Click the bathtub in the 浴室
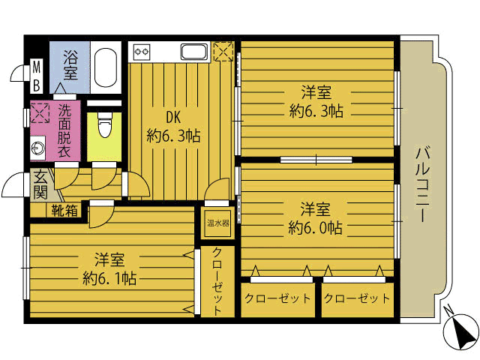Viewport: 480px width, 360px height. tap(106, 67)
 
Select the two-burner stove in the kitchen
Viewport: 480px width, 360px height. tap(142, 52)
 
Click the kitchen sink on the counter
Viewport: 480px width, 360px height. tap(194, 52)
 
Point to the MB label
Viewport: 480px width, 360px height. tap(37, 76)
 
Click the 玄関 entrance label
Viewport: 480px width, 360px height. tap(40, 184)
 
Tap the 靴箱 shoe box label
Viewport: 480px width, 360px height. tap(64, 211)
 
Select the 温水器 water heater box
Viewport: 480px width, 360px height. tap(218, 223)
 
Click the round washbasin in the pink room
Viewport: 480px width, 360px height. tap(38, 148)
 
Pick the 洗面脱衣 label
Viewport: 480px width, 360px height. tap(64, 131)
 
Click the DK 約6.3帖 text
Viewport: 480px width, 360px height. tap(173, 127)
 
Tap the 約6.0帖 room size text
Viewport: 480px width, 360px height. tap(315, 228)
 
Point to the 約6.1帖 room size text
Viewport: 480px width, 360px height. tap(109, 278)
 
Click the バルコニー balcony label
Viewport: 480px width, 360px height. tap(423, 184)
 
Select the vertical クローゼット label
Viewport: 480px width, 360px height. tap(217, 282)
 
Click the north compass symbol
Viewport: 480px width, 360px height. tap(460, 331)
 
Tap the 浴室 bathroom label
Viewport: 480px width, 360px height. tap(70, 65)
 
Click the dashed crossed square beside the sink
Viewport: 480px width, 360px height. tap(223, 52)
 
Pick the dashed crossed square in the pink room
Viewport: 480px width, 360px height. tap(40, 113)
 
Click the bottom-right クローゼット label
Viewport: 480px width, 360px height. tap(357, 298)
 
